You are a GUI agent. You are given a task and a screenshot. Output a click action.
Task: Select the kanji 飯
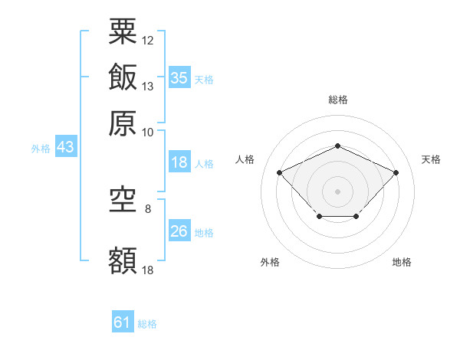(x=123, y=77)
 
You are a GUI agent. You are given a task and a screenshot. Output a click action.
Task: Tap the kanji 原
(x=123, y=123)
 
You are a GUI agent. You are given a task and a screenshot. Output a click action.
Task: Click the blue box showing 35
(x=179, y=77)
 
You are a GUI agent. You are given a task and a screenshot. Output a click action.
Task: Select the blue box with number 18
(x=179, y=162)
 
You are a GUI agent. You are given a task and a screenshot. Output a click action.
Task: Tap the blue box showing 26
(x=179, y=231)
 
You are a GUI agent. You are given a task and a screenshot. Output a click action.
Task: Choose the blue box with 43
(x=65, y=147)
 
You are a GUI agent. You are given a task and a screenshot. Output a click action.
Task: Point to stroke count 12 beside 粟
(x=148, y=40)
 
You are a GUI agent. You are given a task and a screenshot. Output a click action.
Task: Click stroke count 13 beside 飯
(x=148, y=86)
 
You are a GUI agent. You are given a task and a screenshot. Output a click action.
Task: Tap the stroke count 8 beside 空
(x=148, y=208)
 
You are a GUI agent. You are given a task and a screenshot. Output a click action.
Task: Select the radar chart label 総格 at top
(x=337, y=100)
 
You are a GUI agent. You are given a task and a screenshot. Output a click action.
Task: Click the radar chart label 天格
(x=431, y=159)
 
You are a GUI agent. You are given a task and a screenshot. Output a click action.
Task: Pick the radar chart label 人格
(x=245, y=159)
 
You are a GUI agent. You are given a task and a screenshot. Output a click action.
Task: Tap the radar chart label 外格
(x=270, y=262)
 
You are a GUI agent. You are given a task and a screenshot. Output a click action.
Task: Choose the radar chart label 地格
(x=402, y=262)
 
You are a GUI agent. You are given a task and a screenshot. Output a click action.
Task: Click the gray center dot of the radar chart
(x=337, y=191)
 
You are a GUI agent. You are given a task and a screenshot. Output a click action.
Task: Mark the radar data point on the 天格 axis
(x=396, y=172)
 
